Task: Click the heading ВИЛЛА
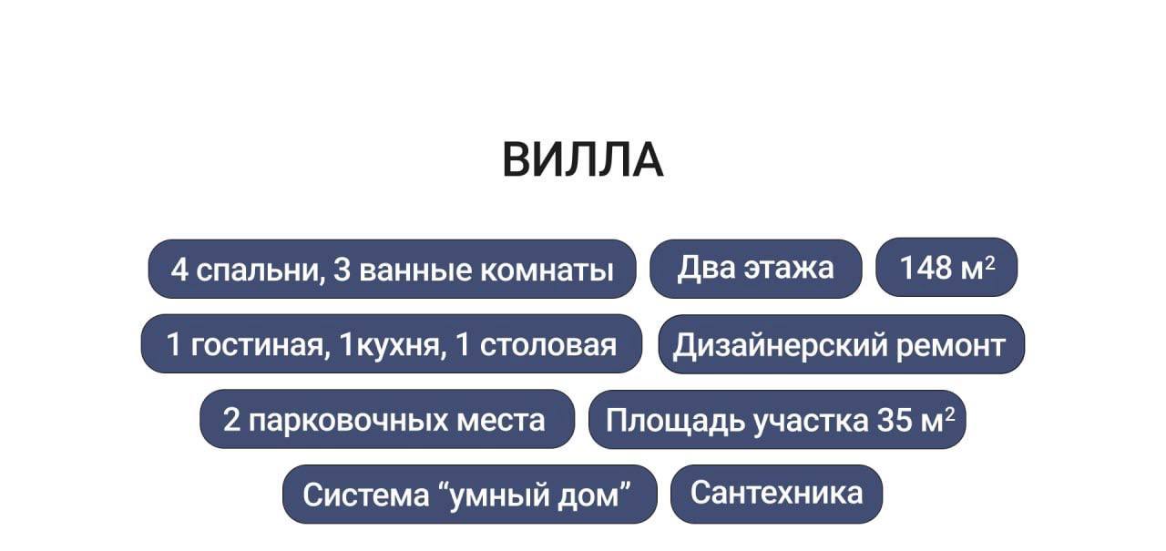click(x=583, y=160)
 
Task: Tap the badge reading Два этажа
click(x=755, y=268)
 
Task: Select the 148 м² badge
click(x=946, y=268)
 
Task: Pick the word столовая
click(x=548, y=344)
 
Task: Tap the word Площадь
click(x=676, y=420)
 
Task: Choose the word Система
click(x=361, y=495)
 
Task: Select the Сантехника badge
click(x=776, y=493)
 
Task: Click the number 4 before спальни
click(x=179, y=270)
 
